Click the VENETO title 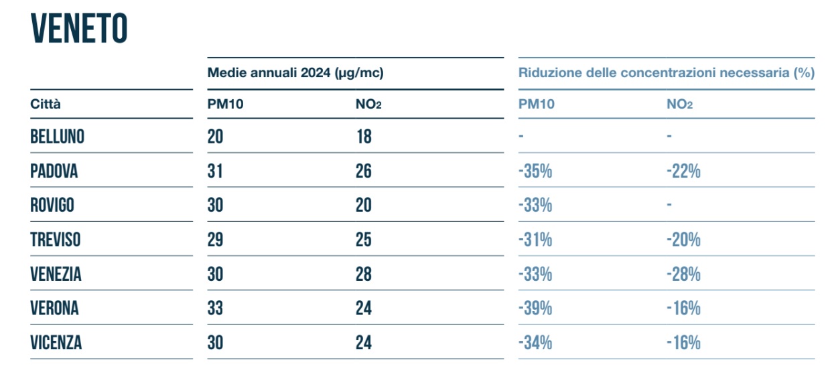click(79, 29)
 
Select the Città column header click(45, 104)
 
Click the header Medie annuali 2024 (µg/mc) click(295, 73)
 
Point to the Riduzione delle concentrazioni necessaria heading click(666, 73)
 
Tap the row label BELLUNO click(58, 137)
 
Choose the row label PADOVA click(54, 171)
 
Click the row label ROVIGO click(52, 205)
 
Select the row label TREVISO click(56, 239)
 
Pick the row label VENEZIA click(56, 273)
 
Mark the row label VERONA click(54, 308)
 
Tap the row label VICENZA click(56, 343)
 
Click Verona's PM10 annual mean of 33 click(215, 308)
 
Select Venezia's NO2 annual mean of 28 click(363, 273)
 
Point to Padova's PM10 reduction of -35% click(535, 171)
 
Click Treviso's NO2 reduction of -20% click(683, 239)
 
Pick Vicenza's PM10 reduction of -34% click(535, 343)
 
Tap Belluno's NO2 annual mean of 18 click(363, 137)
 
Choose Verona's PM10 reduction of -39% click(535, 308)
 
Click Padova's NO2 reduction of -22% click(683, 171)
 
